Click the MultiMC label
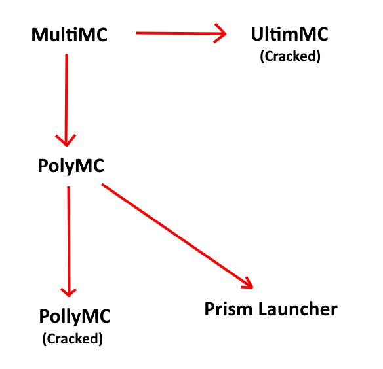(70, 35)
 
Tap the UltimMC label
(290, 34)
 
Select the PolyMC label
(71, 166)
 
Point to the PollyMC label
(75, 317)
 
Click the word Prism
(228, 309)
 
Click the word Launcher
(298, 309)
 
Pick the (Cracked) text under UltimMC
(290, 56)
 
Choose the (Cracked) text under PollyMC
(73, 339)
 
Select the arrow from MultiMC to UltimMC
(181, 33)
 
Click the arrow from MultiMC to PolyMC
(66, 100)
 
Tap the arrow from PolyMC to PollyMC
(69, 242)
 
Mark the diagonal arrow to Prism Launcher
(177, 236)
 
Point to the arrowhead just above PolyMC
(66, 141)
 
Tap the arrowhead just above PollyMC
(69, 292)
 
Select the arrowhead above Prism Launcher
(248, 283)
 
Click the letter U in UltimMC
(257, 34)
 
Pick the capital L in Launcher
(263, 309)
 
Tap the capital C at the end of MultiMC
(100, 35)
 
